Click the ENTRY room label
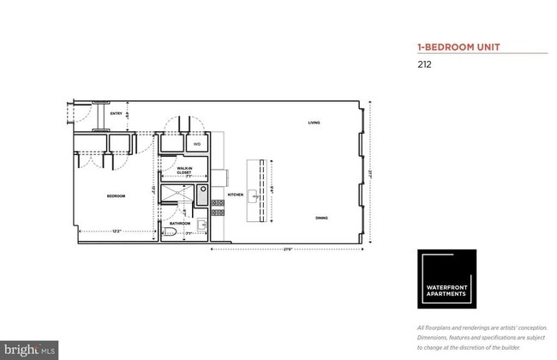[x=114, y=111]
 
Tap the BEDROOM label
[x=116, y=196]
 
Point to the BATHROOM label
[x=180, y=223]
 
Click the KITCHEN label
[x=237, y=195]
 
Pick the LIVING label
[x=314, y=123]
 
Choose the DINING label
[x=320, y=218]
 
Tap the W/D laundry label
[x=196, y=145]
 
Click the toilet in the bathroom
[x=171, y=232]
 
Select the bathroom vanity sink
[x=201, y=226]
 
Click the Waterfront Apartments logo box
[x=446, y=279]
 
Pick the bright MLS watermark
[x=30, y=349]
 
